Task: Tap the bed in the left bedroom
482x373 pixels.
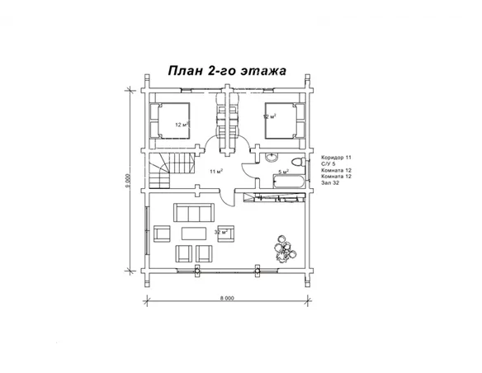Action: coord(172,119)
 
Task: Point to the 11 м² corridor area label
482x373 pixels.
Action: coord(216,171)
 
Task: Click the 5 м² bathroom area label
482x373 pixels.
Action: coord(283,172)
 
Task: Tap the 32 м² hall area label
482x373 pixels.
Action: coord(220,232)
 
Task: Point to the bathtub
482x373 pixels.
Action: coord(284,182)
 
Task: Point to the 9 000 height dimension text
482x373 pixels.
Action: coord(129,181)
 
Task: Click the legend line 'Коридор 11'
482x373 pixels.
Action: coord(337,156)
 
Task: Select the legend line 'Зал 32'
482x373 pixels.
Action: coord(330,182)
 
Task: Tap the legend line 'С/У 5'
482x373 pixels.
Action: coord(329,163)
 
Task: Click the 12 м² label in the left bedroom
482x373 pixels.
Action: coord(181,124)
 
